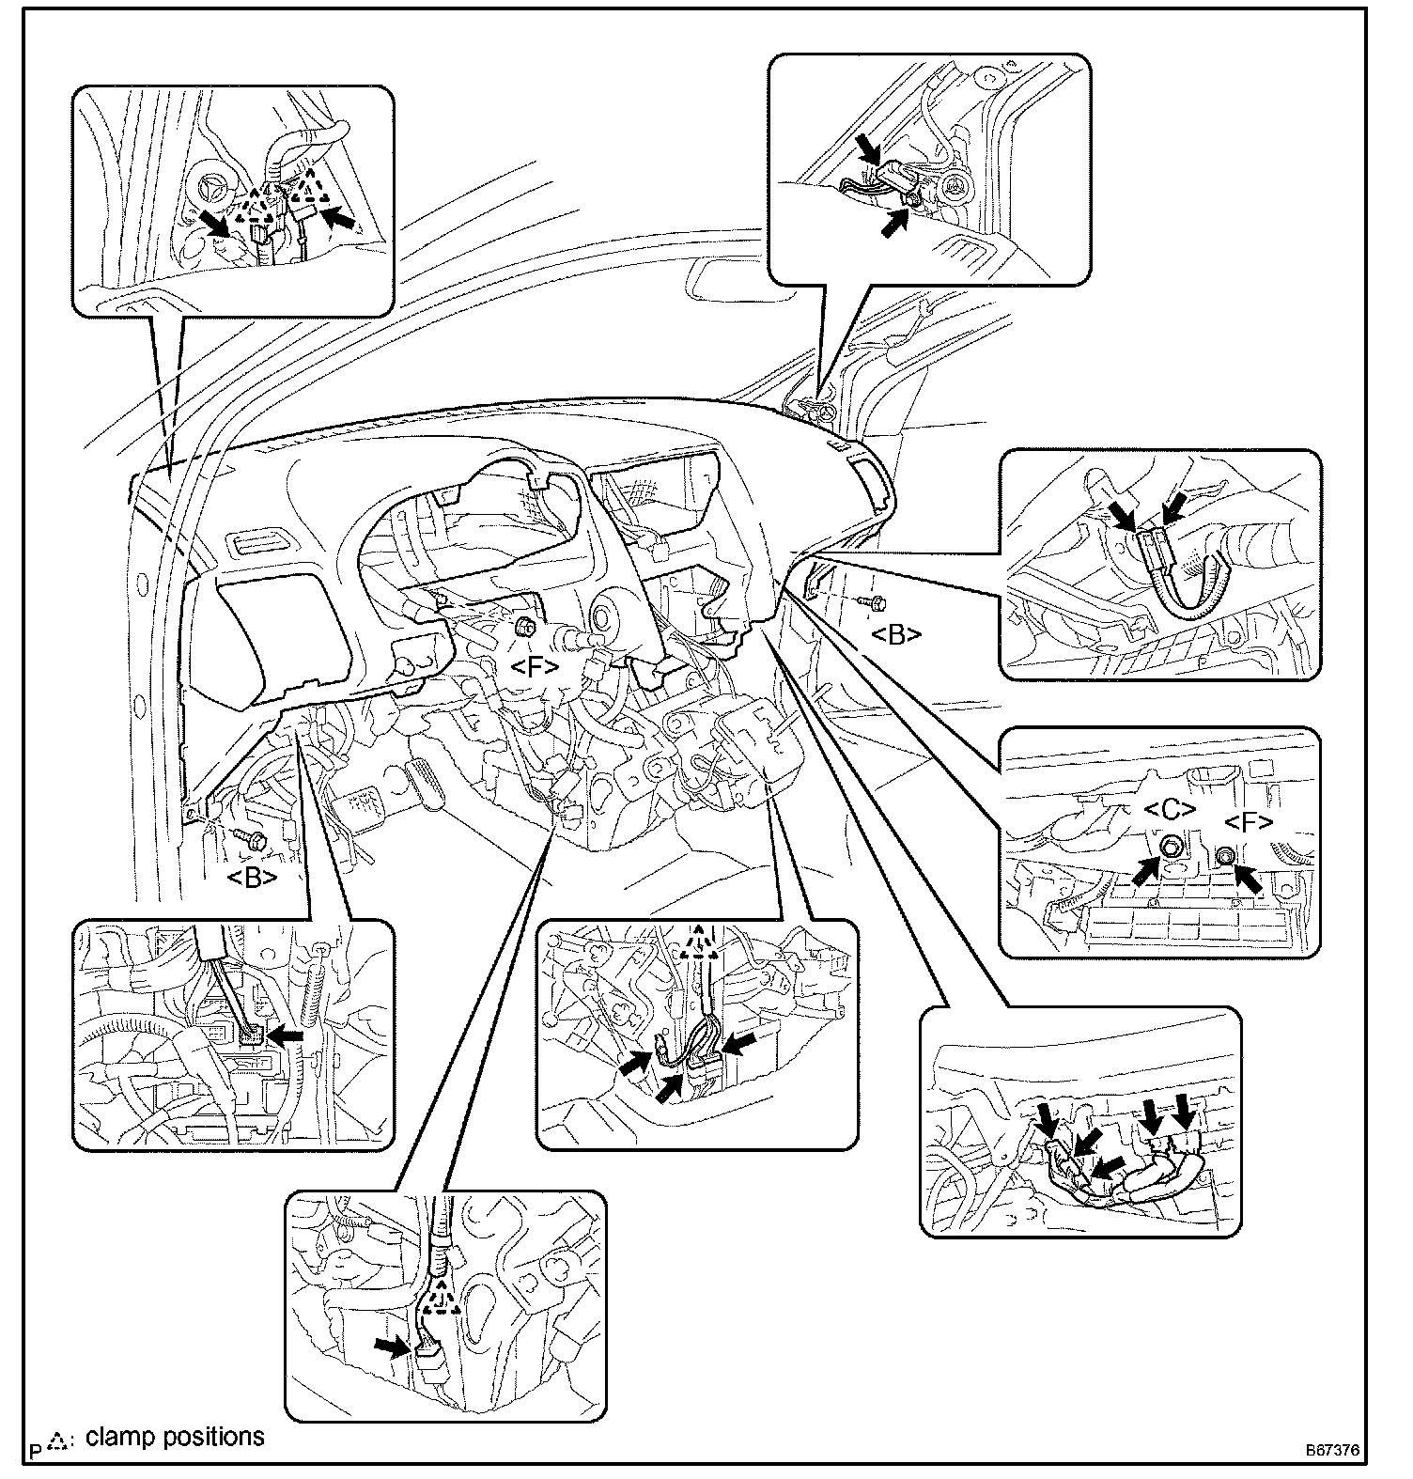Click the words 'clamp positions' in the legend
click(x=175, y=1437)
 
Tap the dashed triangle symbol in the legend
click(x=58, y=1440)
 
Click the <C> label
click(x=1171, y=810)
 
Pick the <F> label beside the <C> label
click(x=1249, y=823)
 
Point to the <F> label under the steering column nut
click(x=535, y=667)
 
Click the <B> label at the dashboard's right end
click(x=896, y=635)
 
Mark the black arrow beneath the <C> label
click(x=1144, y=870)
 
